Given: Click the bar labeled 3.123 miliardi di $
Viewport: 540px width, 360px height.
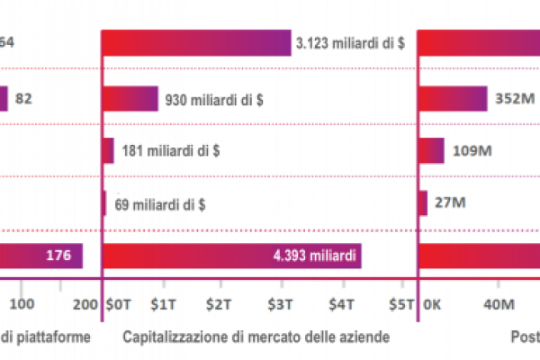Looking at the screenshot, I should coord(197,43).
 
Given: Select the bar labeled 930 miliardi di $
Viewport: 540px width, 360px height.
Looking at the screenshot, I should coord(130,98).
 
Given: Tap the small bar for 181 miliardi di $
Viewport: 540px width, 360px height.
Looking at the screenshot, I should coord(109,150).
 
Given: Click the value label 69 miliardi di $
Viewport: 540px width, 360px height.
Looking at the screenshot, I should coord(158,203).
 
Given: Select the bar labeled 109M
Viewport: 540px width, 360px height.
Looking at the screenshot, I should coord(432,150).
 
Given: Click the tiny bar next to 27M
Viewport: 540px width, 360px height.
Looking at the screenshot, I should coord(423,203).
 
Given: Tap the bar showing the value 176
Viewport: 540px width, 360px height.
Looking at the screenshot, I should coord(41,256).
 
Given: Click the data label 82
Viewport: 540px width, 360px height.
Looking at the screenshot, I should coord(24,98).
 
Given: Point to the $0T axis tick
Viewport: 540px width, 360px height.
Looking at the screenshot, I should coord(118,304).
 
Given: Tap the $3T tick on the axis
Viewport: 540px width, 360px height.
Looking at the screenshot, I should coord(283,304).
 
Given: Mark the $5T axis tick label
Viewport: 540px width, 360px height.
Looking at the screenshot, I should coord(398,304).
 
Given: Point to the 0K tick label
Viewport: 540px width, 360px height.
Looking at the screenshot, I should coord(434,304).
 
